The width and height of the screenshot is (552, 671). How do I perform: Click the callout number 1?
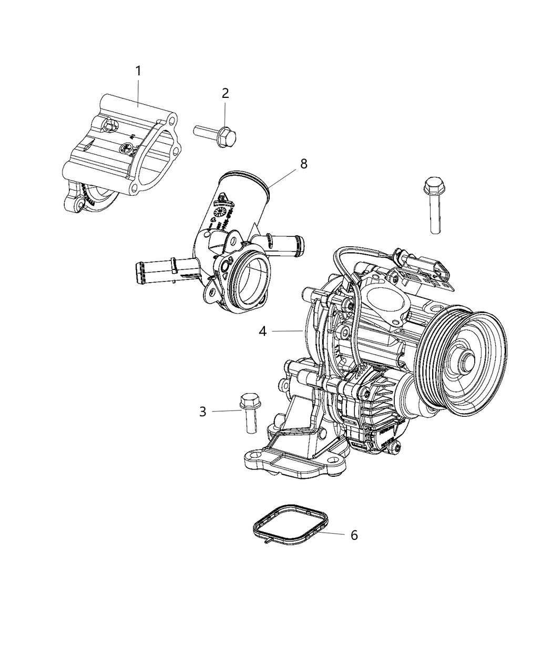pyautogui.click(x=138, y=71)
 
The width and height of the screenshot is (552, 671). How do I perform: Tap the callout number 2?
pyautogui.click(x=225, y=94)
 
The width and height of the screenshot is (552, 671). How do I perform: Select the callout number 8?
pyautogui.click(x=303, y=164)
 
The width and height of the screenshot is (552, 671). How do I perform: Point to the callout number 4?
pyautogui.click(x=262, y=331)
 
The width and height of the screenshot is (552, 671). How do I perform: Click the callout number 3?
pyautogui.click(x=202, y=412)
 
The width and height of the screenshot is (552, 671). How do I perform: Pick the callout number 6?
pyautogui.click(x=354, y=535)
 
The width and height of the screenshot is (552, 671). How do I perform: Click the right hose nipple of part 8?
pyautogui.click(x=287, y=243)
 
